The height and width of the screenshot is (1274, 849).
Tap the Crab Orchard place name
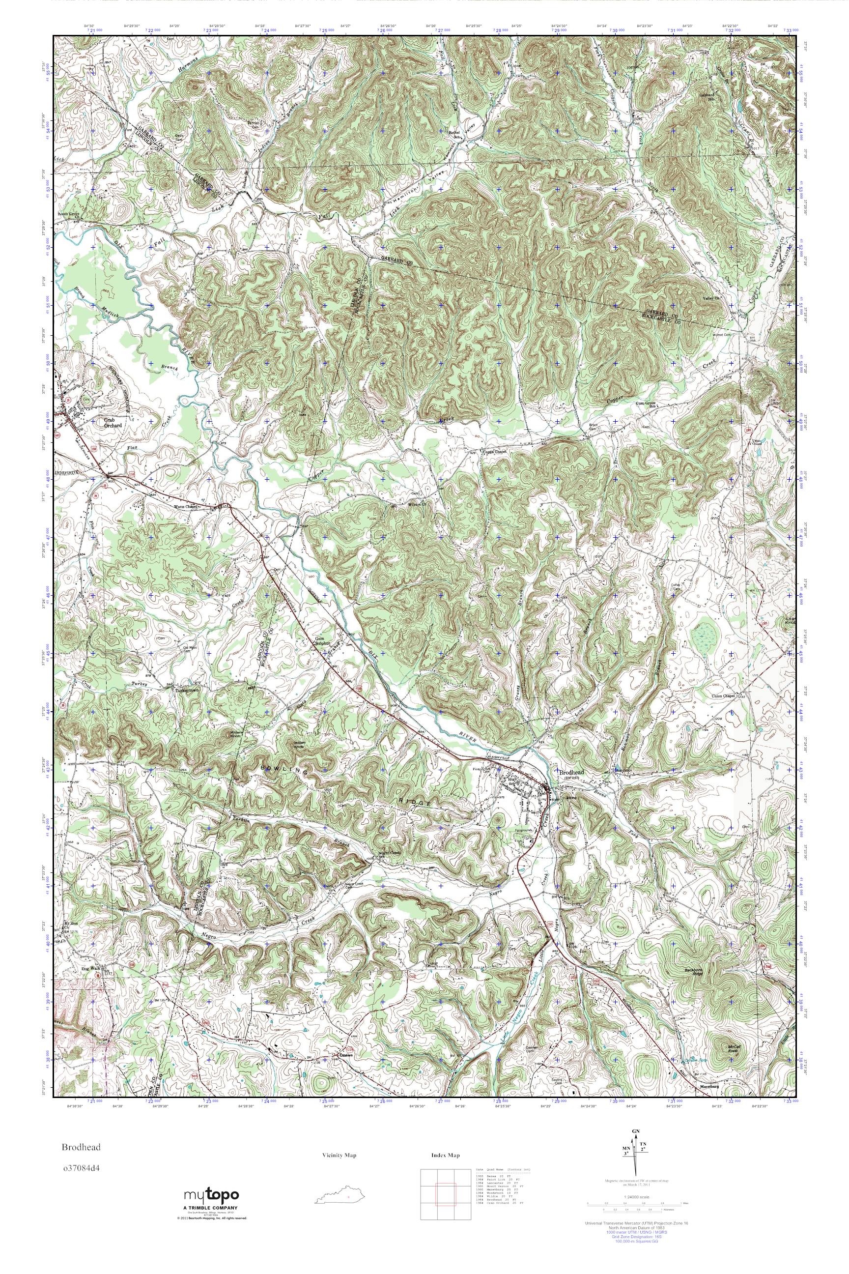(113, 423)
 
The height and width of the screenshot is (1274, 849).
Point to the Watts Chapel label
(187, 507)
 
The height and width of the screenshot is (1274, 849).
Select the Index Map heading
(446, 1156)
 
